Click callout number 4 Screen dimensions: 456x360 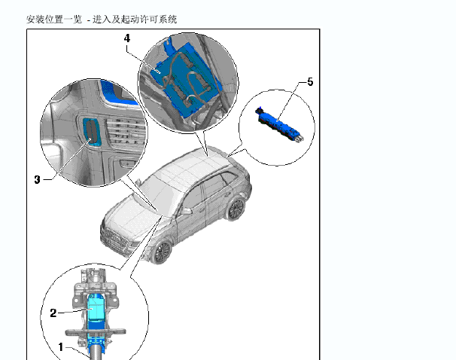127,38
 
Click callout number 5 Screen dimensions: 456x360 310,82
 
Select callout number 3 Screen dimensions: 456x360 37,179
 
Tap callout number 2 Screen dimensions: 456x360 53,313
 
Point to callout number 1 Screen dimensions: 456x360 60,347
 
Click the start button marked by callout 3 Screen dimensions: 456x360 92,132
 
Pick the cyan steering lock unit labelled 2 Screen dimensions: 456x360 96,307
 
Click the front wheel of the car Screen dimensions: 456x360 162,252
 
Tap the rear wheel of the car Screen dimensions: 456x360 236,209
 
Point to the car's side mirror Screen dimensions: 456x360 187,211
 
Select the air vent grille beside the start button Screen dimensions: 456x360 126,132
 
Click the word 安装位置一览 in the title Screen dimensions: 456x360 54,20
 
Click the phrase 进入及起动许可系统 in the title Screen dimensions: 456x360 135,20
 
